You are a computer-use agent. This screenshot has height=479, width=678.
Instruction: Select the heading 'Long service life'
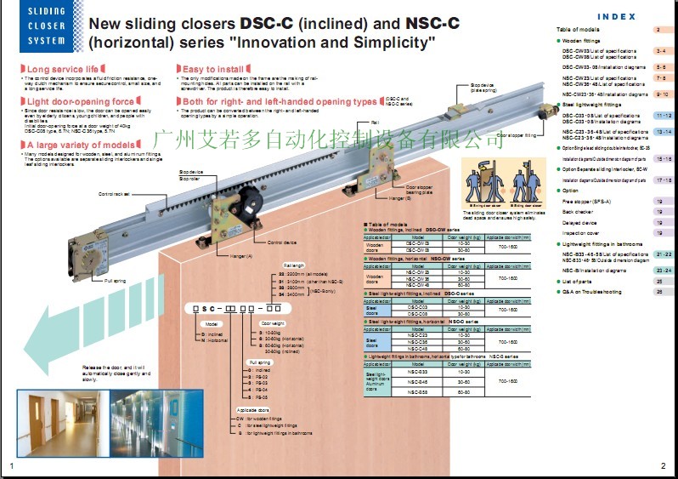click(60, 68)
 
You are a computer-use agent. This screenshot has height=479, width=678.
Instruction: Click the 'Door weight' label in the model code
click(272, 323)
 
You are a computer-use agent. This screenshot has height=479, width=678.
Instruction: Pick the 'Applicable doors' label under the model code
click(252, 409)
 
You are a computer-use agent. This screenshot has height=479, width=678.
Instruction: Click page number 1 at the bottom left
click(12, 465)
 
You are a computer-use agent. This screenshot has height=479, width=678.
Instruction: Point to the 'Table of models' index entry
click(578, 29)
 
